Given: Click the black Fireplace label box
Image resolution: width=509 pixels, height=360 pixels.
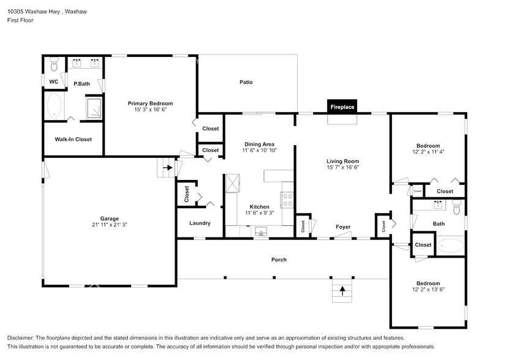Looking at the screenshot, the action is tap(342, 107).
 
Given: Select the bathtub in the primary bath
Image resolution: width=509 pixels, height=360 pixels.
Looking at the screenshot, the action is tap(55, 105).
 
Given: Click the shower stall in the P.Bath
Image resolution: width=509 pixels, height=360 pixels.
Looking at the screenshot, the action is tap(94, 107).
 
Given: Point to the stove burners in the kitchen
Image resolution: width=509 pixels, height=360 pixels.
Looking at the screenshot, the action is tap(287, 200).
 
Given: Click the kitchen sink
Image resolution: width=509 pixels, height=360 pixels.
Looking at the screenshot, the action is tap(261, 232).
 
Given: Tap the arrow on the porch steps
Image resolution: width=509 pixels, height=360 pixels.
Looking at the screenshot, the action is tap(342, 290).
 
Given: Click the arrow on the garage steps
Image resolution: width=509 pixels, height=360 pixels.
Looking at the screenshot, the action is tap(168, 168).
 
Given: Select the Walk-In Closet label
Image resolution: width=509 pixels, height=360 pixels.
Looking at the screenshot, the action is tap(73, 139).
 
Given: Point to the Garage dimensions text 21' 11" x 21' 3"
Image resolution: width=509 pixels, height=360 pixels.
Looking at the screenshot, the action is tap(110, 224).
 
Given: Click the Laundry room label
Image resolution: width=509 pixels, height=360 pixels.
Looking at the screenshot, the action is tap(200, 223).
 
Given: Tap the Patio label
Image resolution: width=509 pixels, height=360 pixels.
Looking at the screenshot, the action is tap(246, 82).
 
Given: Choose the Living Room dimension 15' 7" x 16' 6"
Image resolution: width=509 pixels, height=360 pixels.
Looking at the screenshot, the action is tap(343, 167).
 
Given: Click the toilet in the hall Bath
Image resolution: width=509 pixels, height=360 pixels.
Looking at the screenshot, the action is tap(457, 207).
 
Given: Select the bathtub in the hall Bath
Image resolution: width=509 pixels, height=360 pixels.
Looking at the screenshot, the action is tap(450, 246).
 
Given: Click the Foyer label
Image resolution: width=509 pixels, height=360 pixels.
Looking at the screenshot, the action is tap(343, 227).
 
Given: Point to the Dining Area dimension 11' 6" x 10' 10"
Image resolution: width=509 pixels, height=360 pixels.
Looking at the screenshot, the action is tap(259, 150).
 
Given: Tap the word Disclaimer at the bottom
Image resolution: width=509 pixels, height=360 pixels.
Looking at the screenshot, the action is tap(20, 338).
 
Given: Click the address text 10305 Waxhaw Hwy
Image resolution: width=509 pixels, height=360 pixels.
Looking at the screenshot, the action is tap(34, 12).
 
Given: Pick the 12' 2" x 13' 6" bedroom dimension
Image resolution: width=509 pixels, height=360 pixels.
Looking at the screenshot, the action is tap(429, 289).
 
